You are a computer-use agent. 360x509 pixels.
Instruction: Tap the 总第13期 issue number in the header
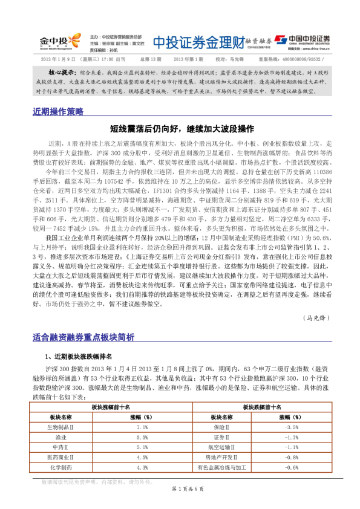pyautogui.click(x=151, y=59)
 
